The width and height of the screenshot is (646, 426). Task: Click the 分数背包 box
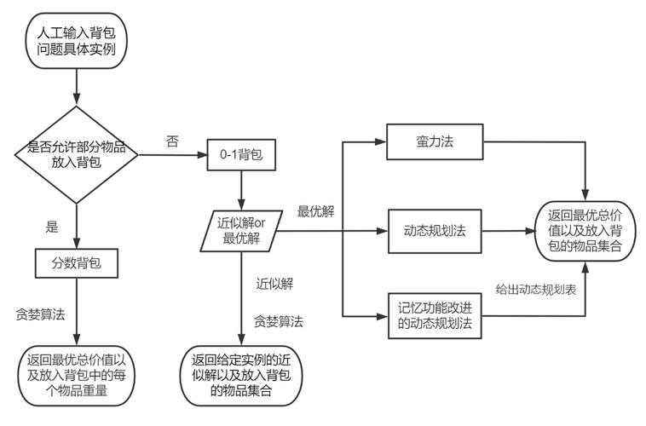click(x=77, y=263)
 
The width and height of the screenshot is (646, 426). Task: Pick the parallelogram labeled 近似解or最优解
click(x=241, y=231)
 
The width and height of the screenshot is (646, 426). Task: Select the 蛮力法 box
click(x=435, y=141)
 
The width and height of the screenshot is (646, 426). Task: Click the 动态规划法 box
click(x=435, y=231)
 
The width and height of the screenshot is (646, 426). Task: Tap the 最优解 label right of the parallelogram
click(x=314, y=210)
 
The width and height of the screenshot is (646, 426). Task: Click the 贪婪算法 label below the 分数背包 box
click(x=39, y=314)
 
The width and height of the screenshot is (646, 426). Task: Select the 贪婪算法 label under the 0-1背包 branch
click(x=279, y=321)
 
